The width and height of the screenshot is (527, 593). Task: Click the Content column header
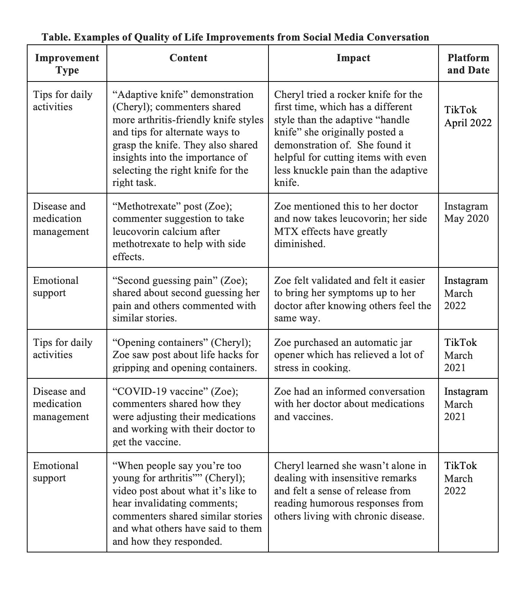click(x=188, y=58)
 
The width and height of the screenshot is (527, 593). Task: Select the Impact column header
click(x=353, y=58)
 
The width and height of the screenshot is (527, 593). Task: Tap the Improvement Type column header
click(x=67, y=64)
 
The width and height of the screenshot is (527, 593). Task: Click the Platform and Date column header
click(x=468, y=64)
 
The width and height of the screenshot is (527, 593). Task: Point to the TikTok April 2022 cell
click(x=468, y=116)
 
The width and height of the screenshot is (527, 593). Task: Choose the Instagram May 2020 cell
click(x=466, y=212)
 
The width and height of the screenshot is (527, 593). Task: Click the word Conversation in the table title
click(x=398, y=37)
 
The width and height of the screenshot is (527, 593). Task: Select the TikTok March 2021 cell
click(x=460, y=355)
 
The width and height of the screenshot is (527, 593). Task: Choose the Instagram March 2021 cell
click(x=466, y=404)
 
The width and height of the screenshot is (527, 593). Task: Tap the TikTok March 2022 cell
click(x=460, y=478)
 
